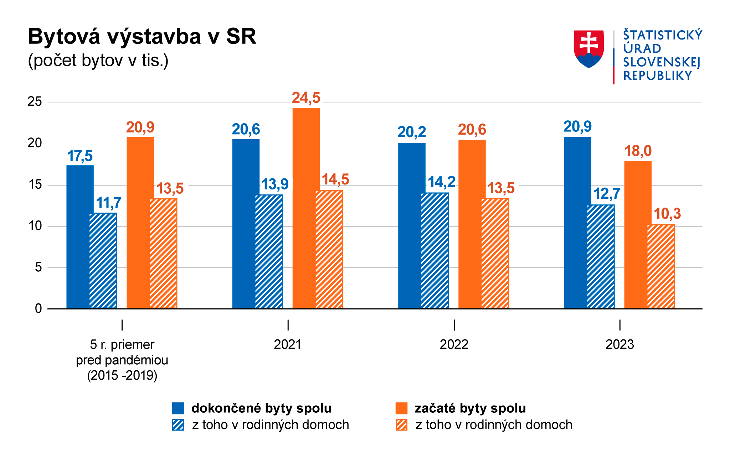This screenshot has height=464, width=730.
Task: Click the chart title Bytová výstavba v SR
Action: tap(142, 37)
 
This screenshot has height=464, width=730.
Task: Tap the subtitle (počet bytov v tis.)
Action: tap(98, 61)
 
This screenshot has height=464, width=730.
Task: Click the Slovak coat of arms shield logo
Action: tap(588, 49)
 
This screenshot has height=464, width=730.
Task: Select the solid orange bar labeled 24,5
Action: tap(306, 208)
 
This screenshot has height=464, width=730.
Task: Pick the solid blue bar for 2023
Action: tap(577, 223)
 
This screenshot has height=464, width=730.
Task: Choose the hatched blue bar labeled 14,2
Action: tap(435, 251)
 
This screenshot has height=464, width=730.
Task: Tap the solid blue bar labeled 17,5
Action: tap(80, 237)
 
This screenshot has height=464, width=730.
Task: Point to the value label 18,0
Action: tap(638, 151)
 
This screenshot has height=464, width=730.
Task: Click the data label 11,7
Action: tap(108, 203)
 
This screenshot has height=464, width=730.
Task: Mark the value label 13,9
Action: tap(275, 184)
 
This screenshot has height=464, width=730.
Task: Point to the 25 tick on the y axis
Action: tap(35, 102)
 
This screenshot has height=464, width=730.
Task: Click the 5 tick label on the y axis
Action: tap(38, 267)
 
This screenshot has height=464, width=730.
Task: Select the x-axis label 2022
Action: tap(454, 345)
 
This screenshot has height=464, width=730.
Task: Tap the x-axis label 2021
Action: tap(288, 345)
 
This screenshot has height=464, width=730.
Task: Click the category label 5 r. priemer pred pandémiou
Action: tap(122, 360)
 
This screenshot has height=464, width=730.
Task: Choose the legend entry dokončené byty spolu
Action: tap(261, 408)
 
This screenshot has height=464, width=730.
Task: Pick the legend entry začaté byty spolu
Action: tap(470, 408)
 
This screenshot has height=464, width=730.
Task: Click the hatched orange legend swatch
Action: tap(401, 425)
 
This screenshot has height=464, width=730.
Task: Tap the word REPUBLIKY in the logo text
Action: tap(657, 76)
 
